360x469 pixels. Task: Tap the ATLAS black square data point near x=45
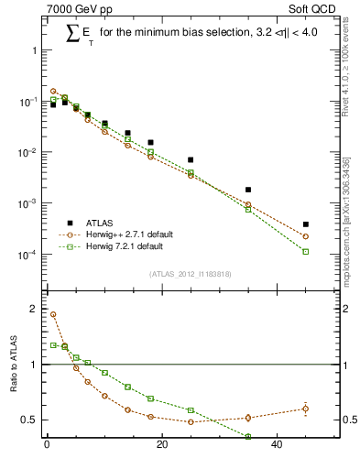[x=305, y=224]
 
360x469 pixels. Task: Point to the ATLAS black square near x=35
[x=248, y=190]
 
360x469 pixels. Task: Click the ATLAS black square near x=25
[x=191, y=159]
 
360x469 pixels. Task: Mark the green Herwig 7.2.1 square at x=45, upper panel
[x=305, y=251]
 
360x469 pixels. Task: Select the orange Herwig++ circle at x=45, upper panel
[x=305, y=236]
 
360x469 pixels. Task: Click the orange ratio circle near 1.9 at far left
[x=53, y=314]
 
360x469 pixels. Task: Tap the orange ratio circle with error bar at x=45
[x=305, y=409]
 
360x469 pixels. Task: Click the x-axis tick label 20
[x=162, y=446]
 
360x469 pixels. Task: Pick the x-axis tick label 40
[x=277, y=446]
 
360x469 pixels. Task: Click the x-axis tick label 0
[x=47, y=446]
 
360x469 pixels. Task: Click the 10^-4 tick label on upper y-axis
[x=27, y=255]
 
